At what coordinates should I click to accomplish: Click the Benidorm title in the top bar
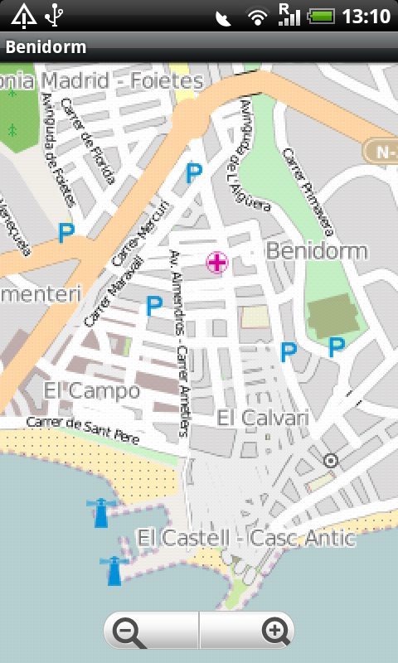46,47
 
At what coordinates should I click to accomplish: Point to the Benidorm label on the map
318,251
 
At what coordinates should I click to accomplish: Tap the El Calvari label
263,419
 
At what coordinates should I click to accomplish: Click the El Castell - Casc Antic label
246,539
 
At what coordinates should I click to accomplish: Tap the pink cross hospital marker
216,264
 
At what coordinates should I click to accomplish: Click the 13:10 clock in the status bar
365,16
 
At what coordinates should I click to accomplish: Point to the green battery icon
323,16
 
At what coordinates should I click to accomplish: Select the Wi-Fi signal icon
258,16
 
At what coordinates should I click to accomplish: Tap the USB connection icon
54,15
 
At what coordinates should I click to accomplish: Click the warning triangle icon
23,15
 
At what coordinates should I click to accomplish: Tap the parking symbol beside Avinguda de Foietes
66,233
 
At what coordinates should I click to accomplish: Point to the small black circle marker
332,460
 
